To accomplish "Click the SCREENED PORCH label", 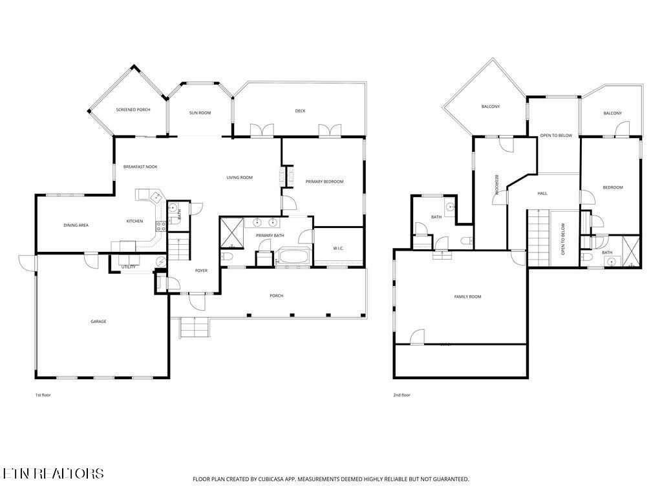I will click(133, 110).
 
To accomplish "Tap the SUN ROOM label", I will click(200, 113).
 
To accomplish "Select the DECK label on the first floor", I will click(300, 111).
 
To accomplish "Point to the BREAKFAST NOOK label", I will click(140, 167).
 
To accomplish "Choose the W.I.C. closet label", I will click(338, 248).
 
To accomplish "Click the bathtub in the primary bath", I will click(294, 257).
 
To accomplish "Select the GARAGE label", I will click(98, 321).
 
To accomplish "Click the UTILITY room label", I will click(127, 266).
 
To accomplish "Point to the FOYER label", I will click(202, 271).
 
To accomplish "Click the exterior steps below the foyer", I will click(195, 328).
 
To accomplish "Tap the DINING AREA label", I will click(76, 225).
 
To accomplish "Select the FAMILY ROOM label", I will click(467, 296).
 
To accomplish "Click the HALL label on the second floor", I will click(542, 193).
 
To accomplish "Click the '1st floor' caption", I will click(43, 395).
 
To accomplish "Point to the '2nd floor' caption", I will click(401, 395).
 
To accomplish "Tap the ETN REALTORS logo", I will click(52, 473).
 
